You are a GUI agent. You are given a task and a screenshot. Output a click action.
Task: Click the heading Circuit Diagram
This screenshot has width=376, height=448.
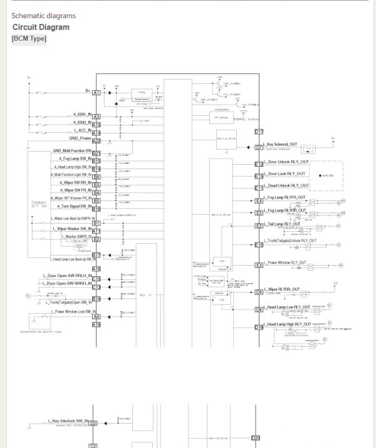click(41, 27)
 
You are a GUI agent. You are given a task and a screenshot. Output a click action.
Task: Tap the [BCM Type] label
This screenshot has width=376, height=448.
click(29, 39)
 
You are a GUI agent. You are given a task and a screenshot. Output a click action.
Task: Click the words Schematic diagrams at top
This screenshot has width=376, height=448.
click(43, 15)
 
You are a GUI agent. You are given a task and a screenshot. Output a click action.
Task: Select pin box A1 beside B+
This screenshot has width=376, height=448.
click(97, 93)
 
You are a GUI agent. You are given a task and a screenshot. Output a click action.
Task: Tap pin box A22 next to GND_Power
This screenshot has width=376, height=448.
click(97, 141)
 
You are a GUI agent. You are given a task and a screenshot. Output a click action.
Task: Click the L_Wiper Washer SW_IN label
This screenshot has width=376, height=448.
click(71, 229)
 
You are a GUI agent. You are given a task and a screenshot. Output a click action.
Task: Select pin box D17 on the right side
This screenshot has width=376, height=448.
click(259, 132)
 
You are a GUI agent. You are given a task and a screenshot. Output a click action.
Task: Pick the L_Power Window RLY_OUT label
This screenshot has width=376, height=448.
click(289, 263)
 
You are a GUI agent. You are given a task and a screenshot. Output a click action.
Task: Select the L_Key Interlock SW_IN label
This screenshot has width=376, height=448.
click(69, 421)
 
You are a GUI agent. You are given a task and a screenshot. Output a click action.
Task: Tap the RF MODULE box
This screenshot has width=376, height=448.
click(220, 117)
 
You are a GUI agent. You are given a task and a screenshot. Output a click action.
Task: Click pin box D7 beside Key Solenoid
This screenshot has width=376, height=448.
click(259, 148)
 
